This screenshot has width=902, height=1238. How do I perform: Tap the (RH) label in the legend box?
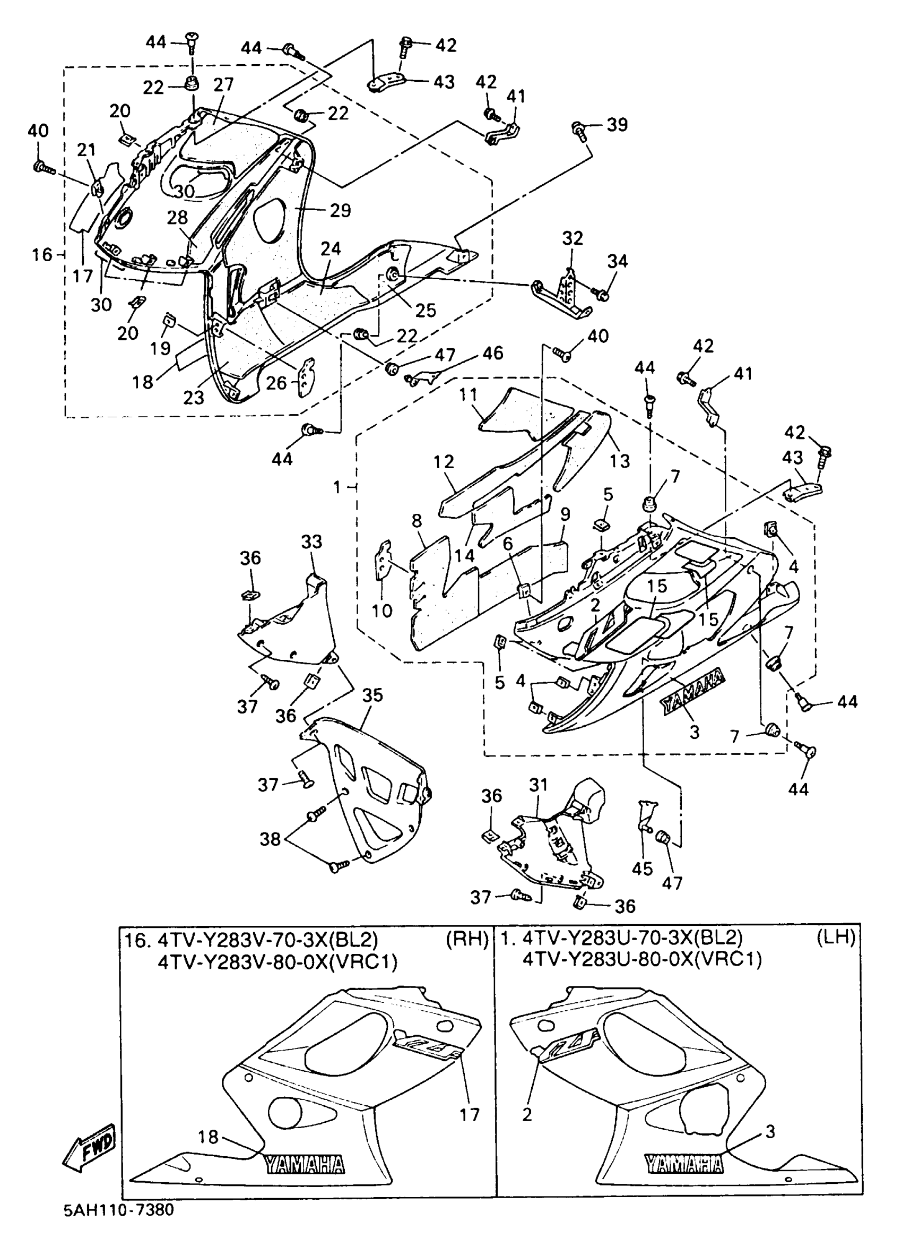pos(467,939)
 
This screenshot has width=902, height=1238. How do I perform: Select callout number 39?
pos(618,125)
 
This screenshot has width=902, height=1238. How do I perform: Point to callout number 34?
pos(618,261)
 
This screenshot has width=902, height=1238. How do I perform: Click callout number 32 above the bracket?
pos(573,238)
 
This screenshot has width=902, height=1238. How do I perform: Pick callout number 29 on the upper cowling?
pos(340,210)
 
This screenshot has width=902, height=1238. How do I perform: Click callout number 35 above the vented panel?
pos(373,695)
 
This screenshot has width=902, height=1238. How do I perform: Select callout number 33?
pos(312,542)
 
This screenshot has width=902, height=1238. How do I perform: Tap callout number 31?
pos(539,785)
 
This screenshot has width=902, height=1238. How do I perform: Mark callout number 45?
pos(642,869)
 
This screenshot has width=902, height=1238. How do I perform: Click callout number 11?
pos(468,394)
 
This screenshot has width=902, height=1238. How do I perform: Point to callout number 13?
pos(620,461)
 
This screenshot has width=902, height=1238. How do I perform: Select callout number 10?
pos(382,611)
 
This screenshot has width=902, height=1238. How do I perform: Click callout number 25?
pos(426,310)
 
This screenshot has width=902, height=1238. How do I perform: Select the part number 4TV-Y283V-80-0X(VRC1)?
pos(277,961)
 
